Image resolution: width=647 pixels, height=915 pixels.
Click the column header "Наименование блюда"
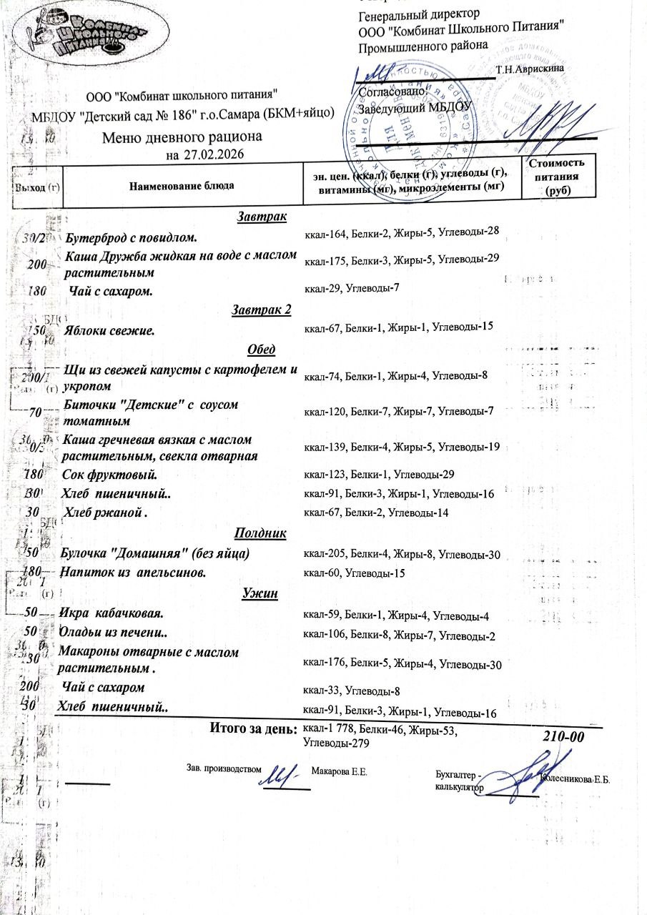182,186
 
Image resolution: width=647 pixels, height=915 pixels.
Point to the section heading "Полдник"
260,533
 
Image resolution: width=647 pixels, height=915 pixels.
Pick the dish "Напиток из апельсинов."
134,573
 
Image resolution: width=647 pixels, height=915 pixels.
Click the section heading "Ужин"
260,593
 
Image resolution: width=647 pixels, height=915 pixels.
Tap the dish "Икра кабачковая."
113,613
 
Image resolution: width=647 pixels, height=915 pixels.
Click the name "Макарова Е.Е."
340,772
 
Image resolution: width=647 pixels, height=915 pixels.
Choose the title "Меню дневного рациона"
182,137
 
